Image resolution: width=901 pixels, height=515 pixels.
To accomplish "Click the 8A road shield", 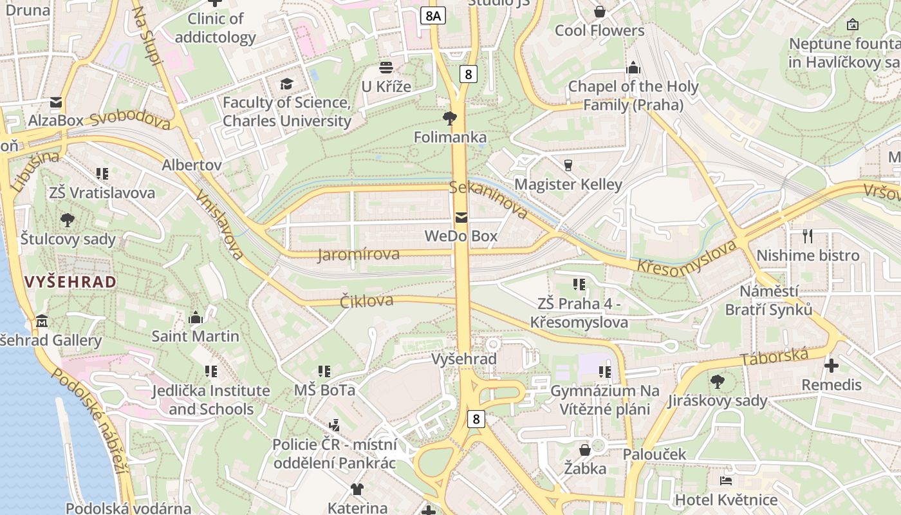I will [x=432, y=15].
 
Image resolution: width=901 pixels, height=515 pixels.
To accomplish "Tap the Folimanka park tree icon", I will [x=450, y=118].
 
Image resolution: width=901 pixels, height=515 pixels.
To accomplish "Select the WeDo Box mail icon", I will [x=461, y=218].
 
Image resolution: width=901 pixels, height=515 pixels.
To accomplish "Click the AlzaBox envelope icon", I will [x=56, y=102].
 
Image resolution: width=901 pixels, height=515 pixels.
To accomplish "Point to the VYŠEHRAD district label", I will [x=71, y=281].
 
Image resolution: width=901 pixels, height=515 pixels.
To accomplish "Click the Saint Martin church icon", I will [x=196, y=317].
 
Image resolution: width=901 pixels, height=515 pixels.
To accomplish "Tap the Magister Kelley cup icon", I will [x=568, y=165].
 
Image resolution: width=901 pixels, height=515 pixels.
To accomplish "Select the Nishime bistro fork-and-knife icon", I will [x=808, y=236].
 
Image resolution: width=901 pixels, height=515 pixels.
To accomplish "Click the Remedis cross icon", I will [x=831, y=366].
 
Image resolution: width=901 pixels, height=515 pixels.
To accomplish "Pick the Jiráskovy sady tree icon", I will [x=717, y=382].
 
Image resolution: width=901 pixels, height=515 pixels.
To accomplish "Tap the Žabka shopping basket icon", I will [x=585, y=449].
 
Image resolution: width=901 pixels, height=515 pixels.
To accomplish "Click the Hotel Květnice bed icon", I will [x=725, y=481].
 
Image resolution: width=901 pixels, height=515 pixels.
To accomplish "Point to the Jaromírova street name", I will [x=358, y=254].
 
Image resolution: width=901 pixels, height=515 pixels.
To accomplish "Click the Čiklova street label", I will [x=366, y=301].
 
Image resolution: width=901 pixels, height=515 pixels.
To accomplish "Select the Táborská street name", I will [x=774, y=357].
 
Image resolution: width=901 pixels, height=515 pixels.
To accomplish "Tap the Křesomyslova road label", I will [x=686, y=257].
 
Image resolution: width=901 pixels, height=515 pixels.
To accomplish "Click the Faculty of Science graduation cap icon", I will [x=286, y=84].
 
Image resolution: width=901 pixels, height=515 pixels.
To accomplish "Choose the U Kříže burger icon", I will [x=386, y=67].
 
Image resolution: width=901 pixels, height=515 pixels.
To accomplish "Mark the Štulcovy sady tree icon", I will [x=67, y=220].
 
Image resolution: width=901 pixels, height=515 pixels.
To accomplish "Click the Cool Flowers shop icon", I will [x=600, y=12].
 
